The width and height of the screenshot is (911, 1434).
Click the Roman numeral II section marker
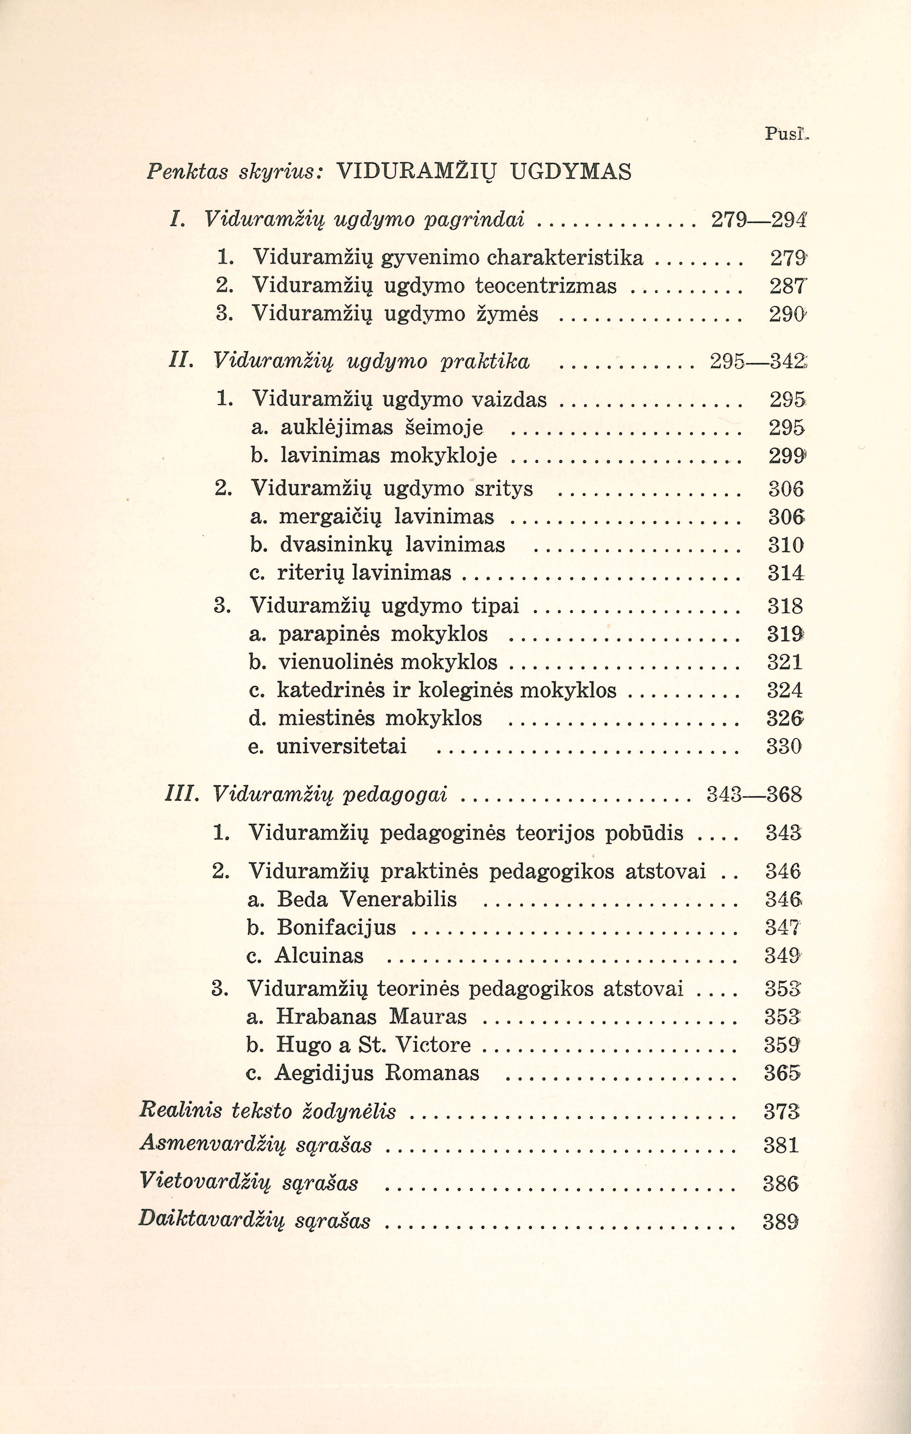coord(179,361)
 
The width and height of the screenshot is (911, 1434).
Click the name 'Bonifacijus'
coord(336,927)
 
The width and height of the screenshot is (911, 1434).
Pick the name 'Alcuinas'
coord(319,956)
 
